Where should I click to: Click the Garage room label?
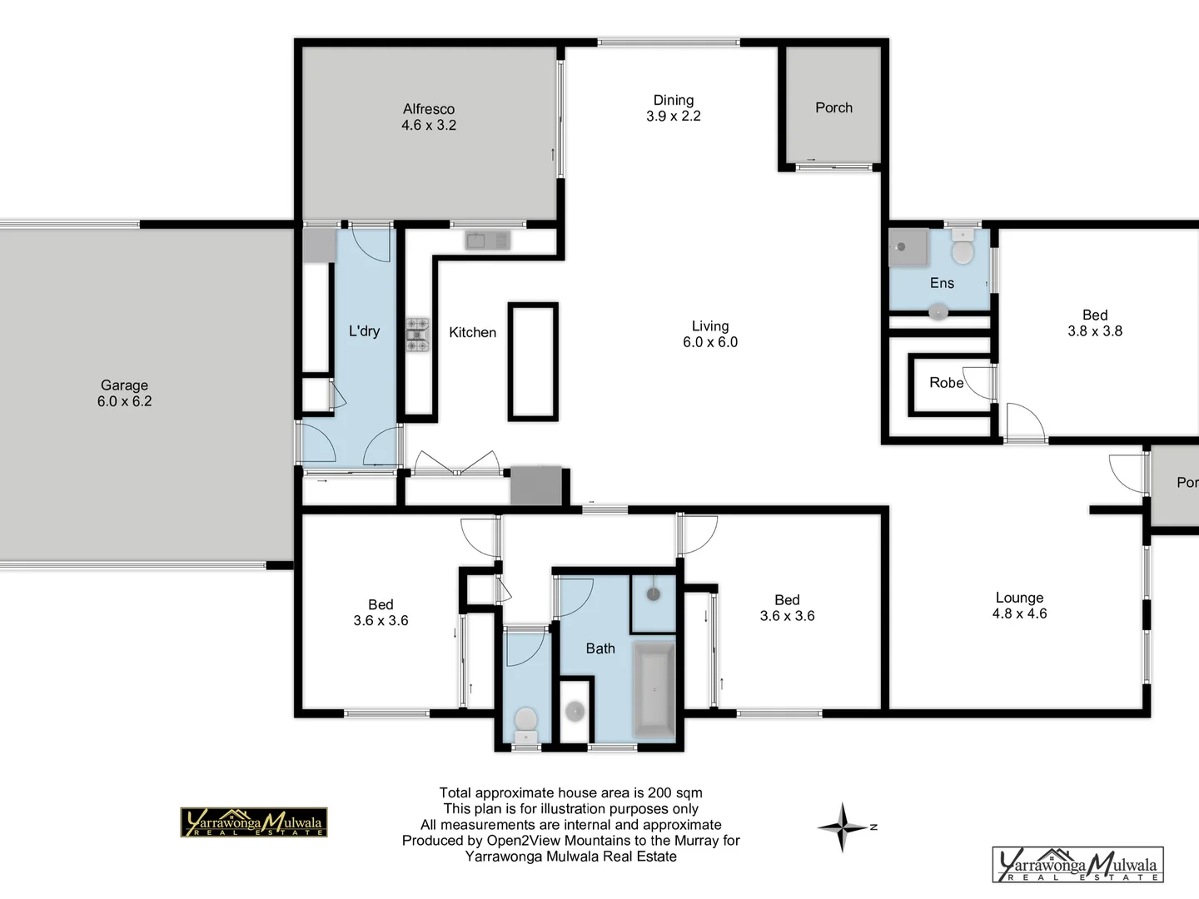coord(124,385)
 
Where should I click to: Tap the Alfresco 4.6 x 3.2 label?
coord(428,117)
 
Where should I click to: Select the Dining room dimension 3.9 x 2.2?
coord(673,117)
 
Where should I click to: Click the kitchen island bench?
coord(533,361)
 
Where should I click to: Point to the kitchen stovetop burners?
coord(417,333)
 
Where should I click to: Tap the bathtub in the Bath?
coord(654,690)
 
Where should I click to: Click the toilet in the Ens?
coord(963,249)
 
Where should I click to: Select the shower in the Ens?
coord(907,247)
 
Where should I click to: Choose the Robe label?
coord(946,383)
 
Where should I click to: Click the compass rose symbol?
coord(843,827)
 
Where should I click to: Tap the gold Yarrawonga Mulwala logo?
coord(254,822)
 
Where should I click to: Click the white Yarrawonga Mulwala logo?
coord(1077,865)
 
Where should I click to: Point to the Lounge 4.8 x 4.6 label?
coord(1019,606)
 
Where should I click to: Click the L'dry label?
coord(364,331)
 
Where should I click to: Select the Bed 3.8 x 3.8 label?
coord(1094,323)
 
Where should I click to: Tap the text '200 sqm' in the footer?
coord(678,793)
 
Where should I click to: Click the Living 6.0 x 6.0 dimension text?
coord(709,342)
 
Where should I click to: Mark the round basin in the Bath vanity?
coord(575,711)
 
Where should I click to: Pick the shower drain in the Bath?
coord(654,594)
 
